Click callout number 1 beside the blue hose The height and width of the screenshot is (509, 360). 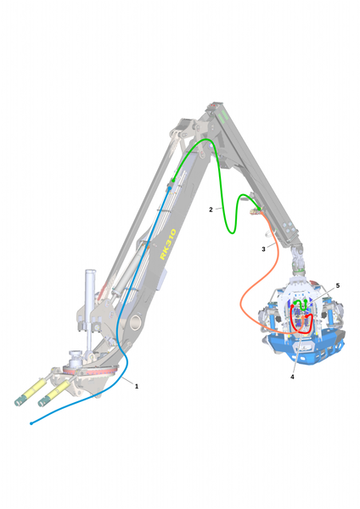coord(137,386)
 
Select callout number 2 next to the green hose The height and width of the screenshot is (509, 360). coord(211,210)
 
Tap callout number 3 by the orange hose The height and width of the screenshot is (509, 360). coord(263,249)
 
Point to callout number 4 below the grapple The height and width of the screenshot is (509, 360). coord(292,377)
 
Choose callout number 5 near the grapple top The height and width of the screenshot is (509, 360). coord(338,286)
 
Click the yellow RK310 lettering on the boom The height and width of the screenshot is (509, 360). coord(168,243)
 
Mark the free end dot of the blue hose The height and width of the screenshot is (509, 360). coord(31,423)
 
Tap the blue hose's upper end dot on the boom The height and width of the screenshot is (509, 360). coord(170,188)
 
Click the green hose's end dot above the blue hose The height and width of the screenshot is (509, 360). coord(173,180)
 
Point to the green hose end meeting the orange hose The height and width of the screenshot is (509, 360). coord(259,208)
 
